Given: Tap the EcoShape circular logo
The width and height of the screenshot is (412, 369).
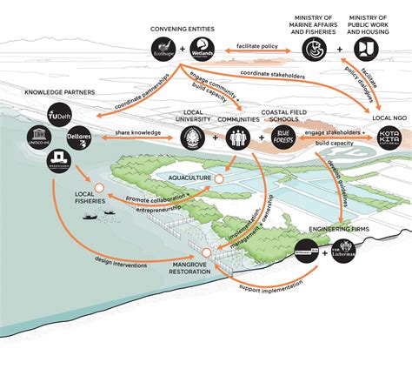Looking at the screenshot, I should [163, 50].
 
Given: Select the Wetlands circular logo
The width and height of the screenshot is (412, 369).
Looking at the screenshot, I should [203, 50].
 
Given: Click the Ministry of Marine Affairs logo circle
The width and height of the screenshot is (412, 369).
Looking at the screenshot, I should [316, 50].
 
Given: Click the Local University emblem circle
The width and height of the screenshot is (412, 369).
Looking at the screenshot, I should [193, 137].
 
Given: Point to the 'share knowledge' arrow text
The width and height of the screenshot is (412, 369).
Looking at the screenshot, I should [134, 132].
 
